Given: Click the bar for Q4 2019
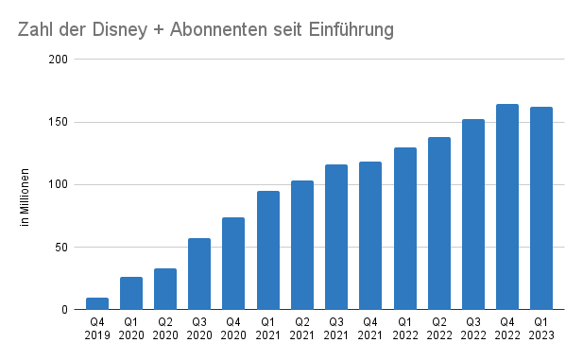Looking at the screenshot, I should click(97, 303).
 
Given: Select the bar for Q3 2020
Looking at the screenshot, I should click(199, 274).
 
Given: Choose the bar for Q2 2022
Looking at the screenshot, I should click(438, 223).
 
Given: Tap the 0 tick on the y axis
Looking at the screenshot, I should click(65, 310).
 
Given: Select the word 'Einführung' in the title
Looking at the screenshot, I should click(351, 30).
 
